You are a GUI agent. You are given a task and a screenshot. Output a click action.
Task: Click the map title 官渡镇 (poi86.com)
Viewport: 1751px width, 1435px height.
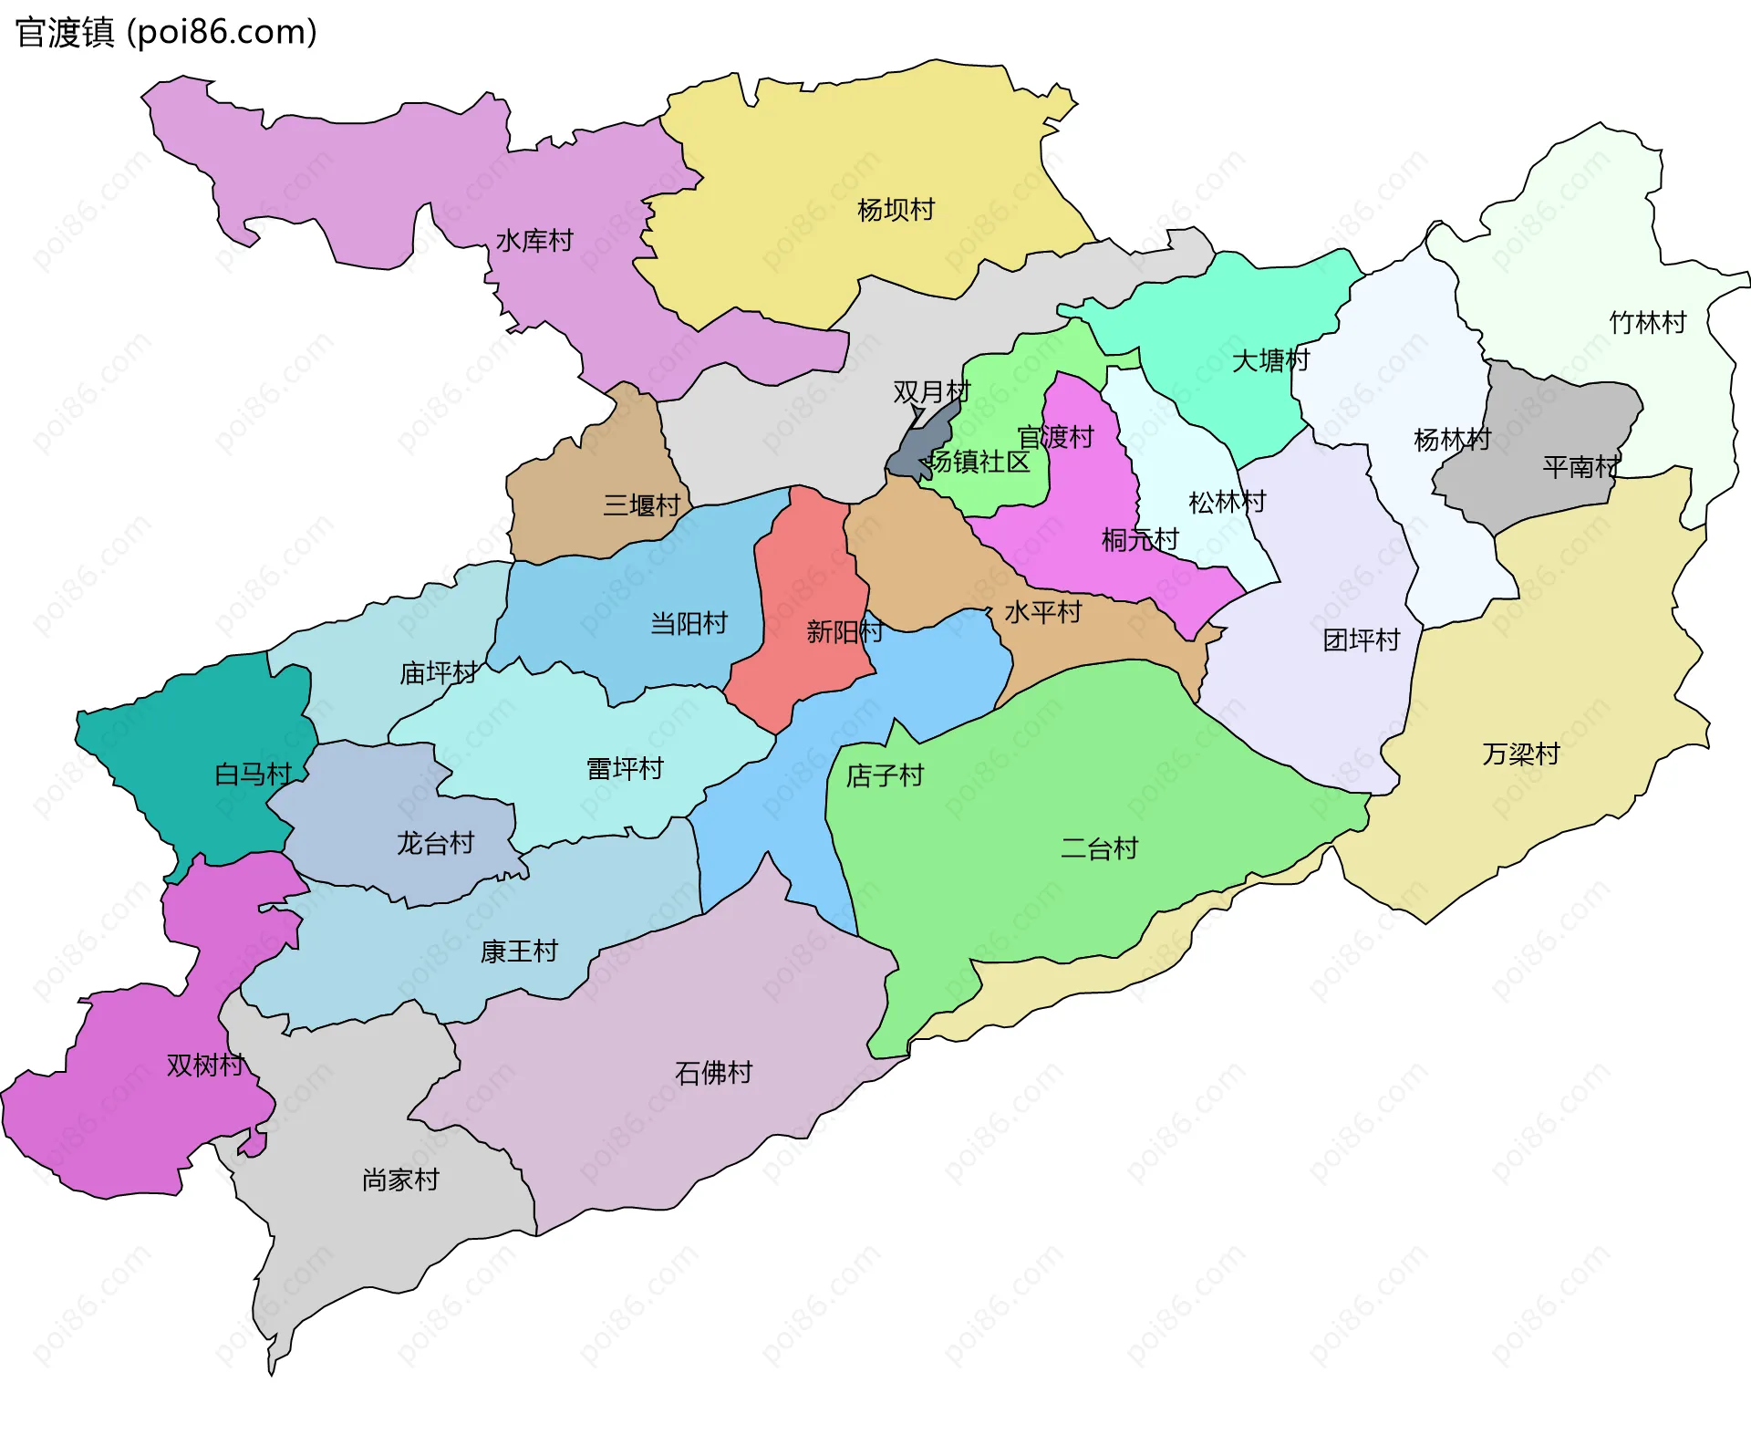(166, 33)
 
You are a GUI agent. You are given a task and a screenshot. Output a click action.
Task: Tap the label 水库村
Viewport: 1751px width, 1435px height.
(534, 241)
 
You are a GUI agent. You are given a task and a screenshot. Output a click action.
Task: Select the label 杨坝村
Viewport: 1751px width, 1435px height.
(896, 210)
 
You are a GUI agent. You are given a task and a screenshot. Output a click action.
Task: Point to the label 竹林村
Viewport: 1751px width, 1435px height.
(1647, 323)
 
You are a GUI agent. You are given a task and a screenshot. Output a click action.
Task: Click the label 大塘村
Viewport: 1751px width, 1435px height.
(1270, 360)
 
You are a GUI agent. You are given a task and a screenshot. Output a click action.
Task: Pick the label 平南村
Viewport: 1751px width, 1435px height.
(1580, 467)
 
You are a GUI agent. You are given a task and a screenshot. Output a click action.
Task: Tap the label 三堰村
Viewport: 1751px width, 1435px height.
(641, 505)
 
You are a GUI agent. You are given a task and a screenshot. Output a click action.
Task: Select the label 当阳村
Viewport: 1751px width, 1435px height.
(689, 624)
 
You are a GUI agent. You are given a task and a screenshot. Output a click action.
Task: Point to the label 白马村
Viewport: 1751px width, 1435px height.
(253, 775)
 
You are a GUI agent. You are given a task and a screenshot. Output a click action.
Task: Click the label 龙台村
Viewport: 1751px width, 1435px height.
(435, 843)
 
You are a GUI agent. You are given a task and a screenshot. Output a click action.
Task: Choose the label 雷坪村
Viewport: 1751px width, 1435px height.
(625, 769)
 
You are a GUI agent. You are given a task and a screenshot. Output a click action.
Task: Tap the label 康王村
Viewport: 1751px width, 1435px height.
(519, 951)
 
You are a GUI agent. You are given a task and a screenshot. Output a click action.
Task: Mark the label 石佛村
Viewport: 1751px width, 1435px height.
(713, 1073)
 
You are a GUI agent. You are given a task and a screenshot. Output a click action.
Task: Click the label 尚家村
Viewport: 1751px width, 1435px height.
(400, 1180)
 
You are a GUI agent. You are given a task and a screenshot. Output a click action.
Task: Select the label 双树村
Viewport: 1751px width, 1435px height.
(205, 1066)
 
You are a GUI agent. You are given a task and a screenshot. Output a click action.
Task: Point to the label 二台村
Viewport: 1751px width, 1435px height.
(1099, 849)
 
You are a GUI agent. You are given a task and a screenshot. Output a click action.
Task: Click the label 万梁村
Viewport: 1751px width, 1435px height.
(1520, 754)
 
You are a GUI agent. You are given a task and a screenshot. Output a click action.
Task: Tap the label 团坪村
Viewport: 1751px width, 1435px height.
(1361, 640)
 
